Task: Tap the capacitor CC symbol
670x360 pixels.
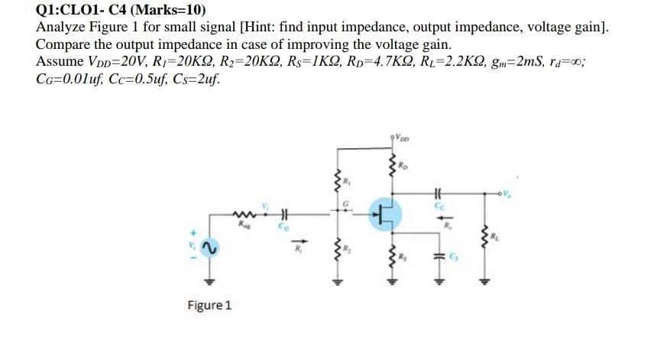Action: (438, 196)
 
